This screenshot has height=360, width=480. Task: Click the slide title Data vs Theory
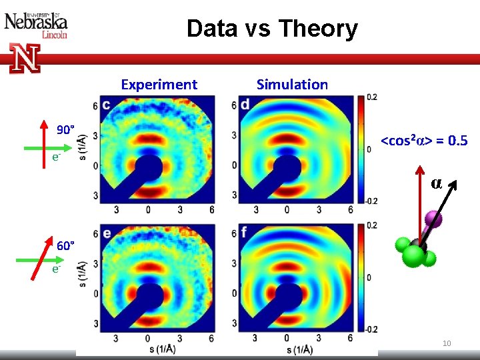(272, 29)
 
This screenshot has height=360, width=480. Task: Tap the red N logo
(25, 59)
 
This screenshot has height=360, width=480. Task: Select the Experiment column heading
(159, 84)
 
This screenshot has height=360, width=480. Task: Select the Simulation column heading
(292, 84)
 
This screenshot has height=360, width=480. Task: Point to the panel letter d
(245, 105)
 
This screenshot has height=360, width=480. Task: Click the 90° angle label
(65, 129)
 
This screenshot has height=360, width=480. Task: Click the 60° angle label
(65, 245)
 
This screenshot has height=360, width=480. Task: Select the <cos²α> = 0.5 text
(423, 141)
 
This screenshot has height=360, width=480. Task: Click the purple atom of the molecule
(432, 217)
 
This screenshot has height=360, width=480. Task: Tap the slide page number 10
(447, 343)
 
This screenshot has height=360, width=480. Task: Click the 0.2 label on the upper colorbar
(371, 97)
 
